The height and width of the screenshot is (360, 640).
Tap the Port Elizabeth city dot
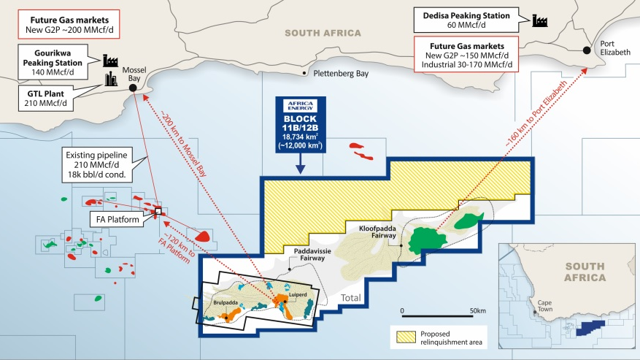tap(587, 50)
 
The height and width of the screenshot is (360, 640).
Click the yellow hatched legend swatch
tap(404, 337)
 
